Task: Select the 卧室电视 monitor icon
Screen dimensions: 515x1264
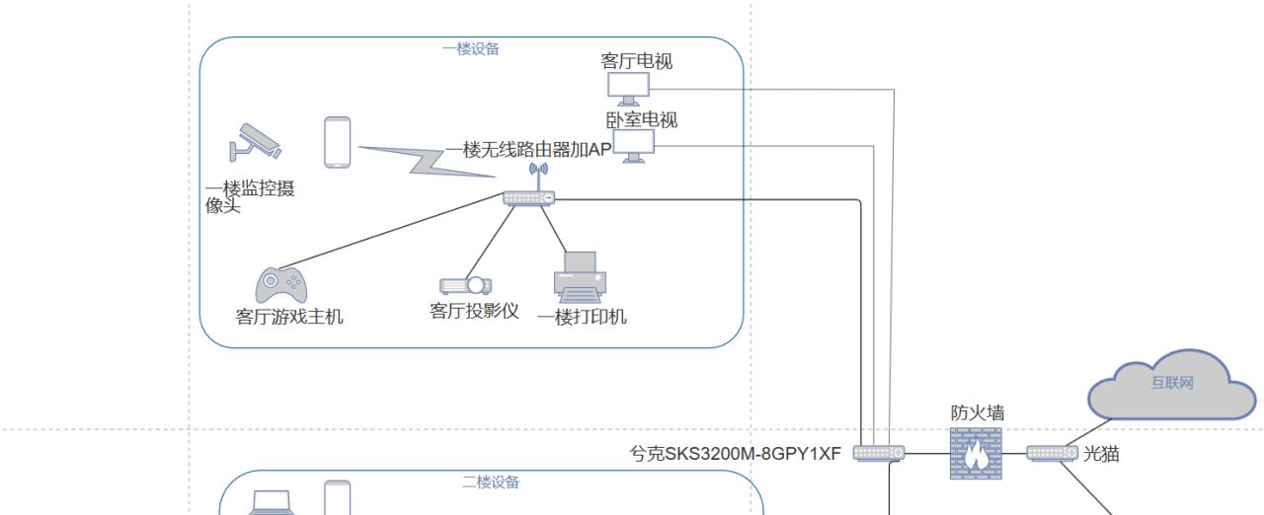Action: tap(633, 146)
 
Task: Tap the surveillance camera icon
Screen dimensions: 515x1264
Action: tap(255, 142)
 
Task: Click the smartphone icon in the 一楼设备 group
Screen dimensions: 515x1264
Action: tap(338, 142)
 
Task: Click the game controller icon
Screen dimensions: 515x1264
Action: tap(280, 285)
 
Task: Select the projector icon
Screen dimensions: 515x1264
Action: tap(465, 285)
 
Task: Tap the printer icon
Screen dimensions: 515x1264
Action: tap(580, 276)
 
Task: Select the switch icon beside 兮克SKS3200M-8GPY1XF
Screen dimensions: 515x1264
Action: tap(879, 453)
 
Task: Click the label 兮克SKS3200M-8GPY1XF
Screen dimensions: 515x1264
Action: tap(736, 455)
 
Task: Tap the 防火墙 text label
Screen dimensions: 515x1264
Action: tap(978, 412)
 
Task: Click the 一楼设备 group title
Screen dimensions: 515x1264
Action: tap(471, 48)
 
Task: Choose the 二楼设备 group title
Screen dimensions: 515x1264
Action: tap(491, 482)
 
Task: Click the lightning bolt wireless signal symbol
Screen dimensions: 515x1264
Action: tap(426, 160)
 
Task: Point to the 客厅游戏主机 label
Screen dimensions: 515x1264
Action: tap(289, 317)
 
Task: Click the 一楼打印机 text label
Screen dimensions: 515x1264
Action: tap(582, 317)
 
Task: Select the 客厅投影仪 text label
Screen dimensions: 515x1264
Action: tap(474, 311)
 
